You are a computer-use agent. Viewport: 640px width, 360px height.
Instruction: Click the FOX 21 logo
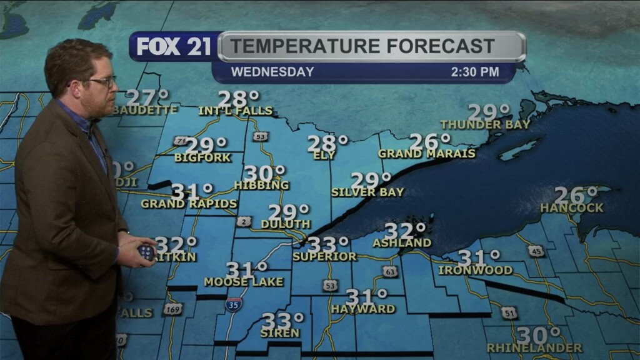[x=174, y=47]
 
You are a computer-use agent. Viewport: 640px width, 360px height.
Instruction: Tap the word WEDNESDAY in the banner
[x=272, y=72]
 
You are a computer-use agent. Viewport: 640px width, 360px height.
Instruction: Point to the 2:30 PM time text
[x=475, y=72]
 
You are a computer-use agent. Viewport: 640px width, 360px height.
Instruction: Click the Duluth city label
[x=285, y=224]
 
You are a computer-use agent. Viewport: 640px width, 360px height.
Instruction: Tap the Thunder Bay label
[x=485, y=124]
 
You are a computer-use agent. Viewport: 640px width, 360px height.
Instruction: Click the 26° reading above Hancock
[x=575, y=196]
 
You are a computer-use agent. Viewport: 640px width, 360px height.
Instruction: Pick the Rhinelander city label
[x=534, y=347]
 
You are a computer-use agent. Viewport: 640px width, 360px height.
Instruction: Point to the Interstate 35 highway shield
[x=233, y=305]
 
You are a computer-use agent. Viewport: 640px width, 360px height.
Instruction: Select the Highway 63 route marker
[x=390, y=271]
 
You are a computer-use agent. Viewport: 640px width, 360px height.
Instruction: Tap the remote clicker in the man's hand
[x=146, y=252]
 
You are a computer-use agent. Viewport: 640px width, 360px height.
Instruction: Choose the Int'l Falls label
[x=236, y=111]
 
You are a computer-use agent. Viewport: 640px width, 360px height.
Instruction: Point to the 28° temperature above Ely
[x=327, y=143]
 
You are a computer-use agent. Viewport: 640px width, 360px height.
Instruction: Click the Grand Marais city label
[x=427, y=154]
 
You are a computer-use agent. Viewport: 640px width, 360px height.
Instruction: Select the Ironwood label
[x=476, y=271]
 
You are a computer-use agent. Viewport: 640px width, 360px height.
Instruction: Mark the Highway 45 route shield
[x=536, y=251]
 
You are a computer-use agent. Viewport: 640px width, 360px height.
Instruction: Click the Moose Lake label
[x=244, y=282]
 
